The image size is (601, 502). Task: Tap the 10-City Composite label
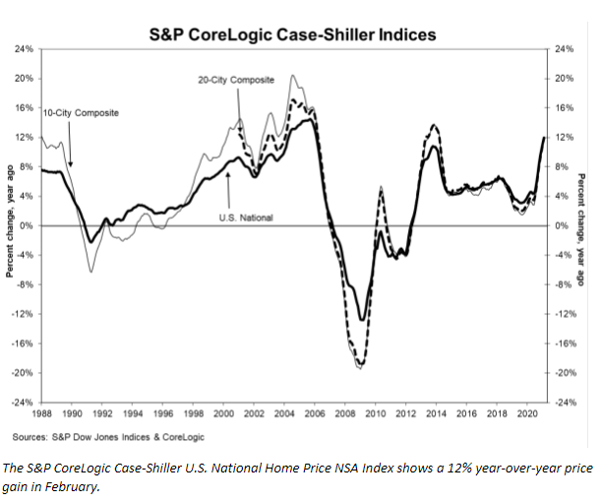click(x=82, y=112)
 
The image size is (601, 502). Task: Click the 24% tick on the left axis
click(x=23, y=48)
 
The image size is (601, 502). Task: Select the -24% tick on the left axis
click(x=21, y=403)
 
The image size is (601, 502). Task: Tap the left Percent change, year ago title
click(x=9, y=226)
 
